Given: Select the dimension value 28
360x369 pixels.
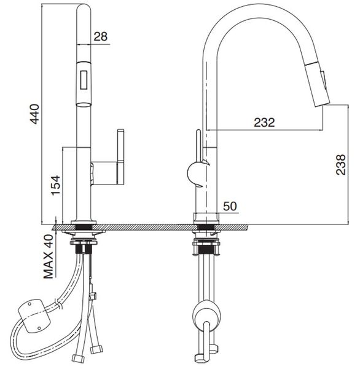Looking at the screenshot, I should pyautogui.click(x=101, y=37).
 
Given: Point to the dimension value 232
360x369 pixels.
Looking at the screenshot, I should pyautogui.click(x=265, y=122).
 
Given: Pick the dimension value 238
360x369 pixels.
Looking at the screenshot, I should pyautogui.click(x=340, y=165).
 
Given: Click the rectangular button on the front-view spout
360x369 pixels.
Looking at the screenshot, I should pyautogui.click(x=83, y=79).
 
